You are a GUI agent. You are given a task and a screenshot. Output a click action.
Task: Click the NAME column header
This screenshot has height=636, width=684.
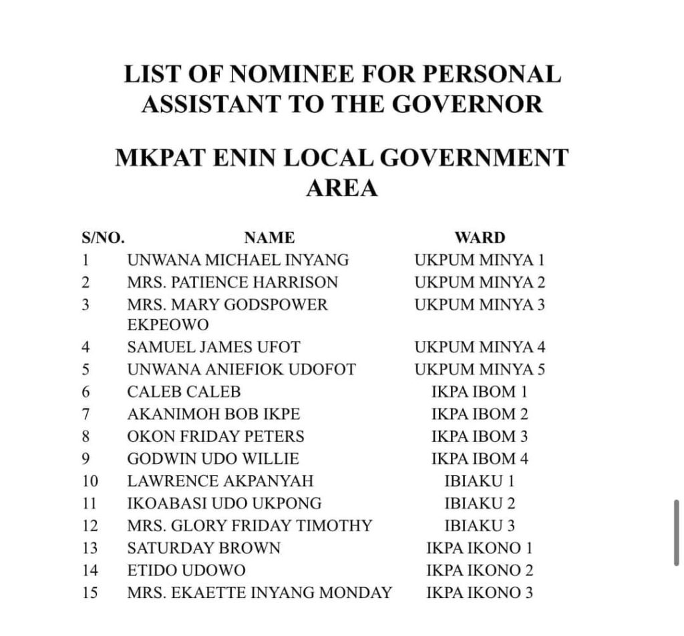[269, 238]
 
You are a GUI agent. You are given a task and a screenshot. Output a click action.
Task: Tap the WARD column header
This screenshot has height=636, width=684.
[480, 238]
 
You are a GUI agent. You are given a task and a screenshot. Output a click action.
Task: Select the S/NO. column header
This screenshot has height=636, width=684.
[103, 238]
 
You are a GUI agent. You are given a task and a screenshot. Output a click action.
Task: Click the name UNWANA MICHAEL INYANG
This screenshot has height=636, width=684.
[238, 260]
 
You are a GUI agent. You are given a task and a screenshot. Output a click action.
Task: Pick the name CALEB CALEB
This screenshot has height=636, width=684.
[184, 392]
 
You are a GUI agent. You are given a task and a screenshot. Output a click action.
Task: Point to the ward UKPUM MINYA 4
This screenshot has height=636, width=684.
[480, 347]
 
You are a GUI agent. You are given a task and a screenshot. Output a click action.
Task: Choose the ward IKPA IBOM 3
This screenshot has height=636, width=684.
[480, 436]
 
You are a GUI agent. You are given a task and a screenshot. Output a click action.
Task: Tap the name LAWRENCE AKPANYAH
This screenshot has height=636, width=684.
[220, 481]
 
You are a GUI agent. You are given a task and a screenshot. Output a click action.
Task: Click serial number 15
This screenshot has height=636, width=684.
[90, 593]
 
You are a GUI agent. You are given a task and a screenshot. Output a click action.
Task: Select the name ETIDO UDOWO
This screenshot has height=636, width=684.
[186, 571]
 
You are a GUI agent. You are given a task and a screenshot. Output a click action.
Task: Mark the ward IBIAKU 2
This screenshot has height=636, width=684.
[480, 503]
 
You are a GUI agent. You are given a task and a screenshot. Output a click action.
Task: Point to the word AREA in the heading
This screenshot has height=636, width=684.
[342, 189]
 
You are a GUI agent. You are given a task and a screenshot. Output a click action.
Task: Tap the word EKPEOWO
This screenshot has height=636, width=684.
[168, 325]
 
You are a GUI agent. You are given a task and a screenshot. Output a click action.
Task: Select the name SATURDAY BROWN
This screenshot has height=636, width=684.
[204, 549]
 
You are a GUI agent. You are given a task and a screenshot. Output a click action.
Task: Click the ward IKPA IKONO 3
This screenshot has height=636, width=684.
[480, 593]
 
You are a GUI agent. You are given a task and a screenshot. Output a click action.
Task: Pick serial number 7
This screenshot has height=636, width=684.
[85, 414]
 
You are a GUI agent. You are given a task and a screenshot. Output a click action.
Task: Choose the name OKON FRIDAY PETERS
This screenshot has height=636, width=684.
[216, 436]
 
